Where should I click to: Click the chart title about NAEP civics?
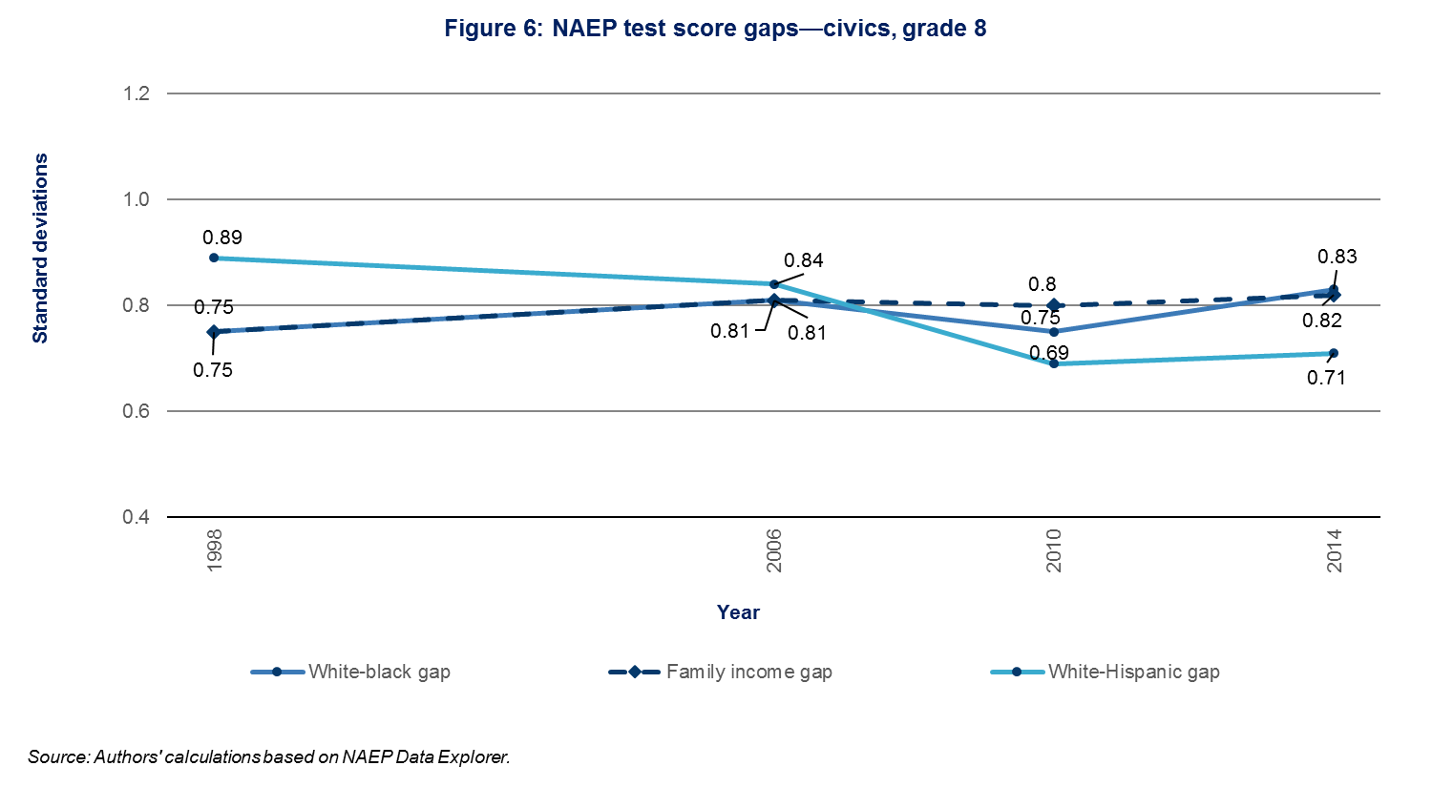[715, 29]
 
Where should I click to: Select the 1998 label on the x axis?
[214, 550]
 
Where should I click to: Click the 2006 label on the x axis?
[774, 550]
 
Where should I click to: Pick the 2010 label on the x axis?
[1054, 550]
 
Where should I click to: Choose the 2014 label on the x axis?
[1334, 550]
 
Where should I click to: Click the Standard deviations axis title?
[40, 248]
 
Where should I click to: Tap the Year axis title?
[738, 612]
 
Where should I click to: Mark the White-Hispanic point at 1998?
[214, 258]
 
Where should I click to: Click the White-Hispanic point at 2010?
[1054, 363]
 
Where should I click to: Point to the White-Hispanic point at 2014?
[1334, 353]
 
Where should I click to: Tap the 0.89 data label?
[222, 238]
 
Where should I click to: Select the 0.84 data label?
[803, 260]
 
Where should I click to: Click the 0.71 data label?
[1326, 378]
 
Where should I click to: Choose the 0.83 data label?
[1337, 257]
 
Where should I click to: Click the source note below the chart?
[269, 757]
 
